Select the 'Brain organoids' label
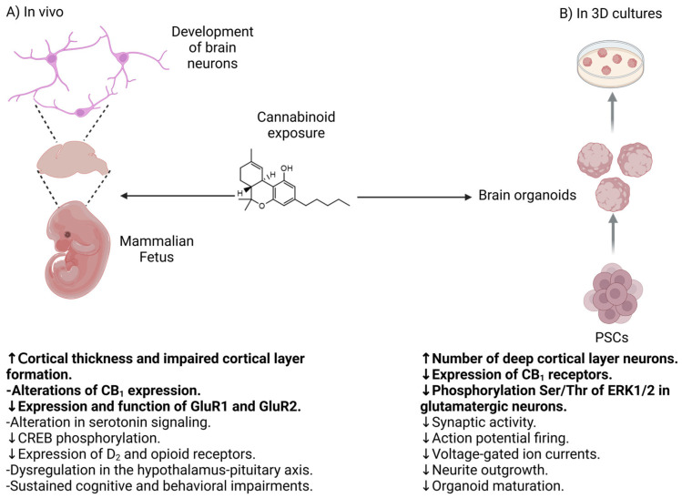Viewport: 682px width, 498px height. click(522, 196)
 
